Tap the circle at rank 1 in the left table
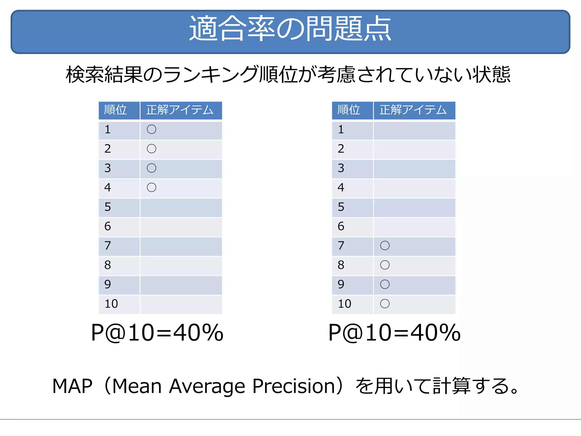tap(151, 129)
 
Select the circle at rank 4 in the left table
tap(151, 187)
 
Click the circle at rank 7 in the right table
tap(385, 246)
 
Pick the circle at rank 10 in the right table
tap(385, 304)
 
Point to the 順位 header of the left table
tap(115, 110)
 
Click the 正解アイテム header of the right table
tap(413, 110)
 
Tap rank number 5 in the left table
tap(108, 207)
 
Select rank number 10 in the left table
tap(111, 304)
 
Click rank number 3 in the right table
tap(341, 168)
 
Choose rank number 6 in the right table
tap(341, 226)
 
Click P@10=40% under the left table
tap(157, 333)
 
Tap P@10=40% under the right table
tap(394, 333)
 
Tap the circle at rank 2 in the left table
tap(151, 149)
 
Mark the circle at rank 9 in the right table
tap(385, 284)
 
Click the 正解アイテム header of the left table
tap(180, 110)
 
